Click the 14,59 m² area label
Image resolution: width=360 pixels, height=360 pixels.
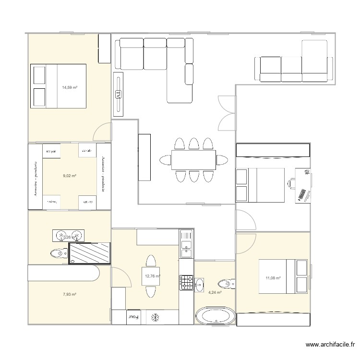[x=70, y=87]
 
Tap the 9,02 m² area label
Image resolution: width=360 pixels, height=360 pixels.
[x=70, y=176]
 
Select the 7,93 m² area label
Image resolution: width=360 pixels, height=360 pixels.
[x=70, y=294]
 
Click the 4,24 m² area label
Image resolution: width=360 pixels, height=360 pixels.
[x=215, y=292]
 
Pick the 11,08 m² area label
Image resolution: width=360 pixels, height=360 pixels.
[x=273, y=277]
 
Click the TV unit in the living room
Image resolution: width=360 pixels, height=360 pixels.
[x=118, y=95]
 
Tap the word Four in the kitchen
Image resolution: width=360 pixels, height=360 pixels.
[x=132, y=317]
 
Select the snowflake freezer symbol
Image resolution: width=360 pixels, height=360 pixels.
[x=155, y=317]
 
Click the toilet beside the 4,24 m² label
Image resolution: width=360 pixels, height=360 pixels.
[x=226, y=283]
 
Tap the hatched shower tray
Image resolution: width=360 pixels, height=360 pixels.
[x=89, y=253]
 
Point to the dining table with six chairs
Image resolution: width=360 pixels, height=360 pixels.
[x=193, y=160]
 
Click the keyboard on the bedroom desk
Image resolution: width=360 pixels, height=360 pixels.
[x=302, y=194]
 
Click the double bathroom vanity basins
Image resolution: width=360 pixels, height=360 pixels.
[x=70, y=236]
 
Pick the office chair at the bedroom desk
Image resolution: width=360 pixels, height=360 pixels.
[x=291, y=182]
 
